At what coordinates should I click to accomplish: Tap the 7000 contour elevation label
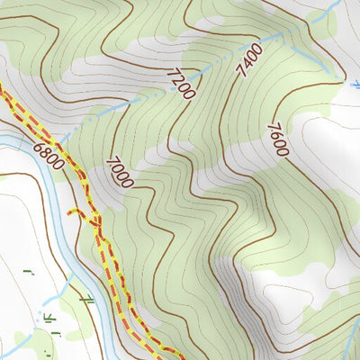click(119, 171)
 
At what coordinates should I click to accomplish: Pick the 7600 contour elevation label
click(274, 139)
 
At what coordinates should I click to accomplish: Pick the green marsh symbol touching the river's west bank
click(87, 298)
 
